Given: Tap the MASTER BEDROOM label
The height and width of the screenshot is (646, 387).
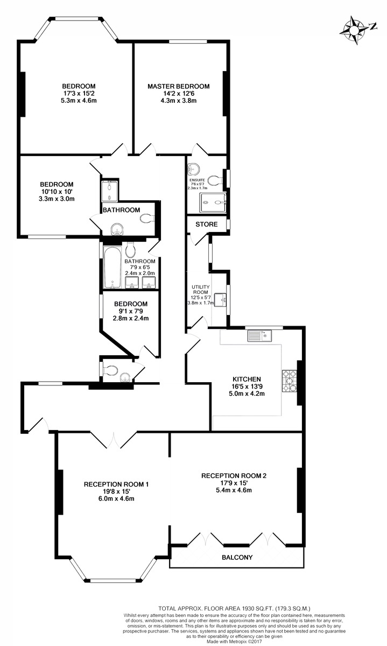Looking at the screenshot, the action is [179, 86].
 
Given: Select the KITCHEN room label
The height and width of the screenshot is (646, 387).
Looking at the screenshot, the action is [247, 379].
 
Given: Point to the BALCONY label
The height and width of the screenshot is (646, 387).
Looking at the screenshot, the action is [237, 558].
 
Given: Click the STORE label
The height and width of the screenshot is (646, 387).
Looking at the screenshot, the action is [207, 224].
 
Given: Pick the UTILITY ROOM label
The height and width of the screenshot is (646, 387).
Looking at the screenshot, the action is [201, 290].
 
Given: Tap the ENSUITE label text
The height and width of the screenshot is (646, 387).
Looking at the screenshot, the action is [197, 180].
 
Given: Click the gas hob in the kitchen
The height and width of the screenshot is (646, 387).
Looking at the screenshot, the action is [289, 381].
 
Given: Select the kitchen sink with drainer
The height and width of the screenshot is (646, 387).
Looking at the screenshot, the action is [259, 336].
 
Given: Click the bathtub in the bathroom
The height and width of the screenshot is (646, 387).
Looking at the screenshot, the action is [112, 268].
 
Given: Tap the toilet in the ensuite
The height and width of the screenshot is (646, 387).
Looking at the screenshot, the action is [216, 180].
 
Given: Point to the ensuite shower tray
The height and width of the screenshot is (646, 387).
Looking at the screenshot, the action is [213, 202].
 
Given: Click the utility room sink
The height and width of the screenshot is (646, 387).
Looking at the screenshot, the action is [221, 300].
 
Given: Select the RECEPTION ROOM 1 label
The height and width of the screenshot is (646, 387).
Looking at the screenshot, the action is [116, 484].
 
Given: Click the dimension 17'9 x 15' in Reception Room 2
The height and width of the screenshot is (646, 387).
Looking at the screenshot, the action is [234, 483].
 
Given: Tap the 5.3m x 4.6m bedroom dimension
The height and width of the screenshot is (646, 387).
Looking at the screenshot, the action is [79, 101].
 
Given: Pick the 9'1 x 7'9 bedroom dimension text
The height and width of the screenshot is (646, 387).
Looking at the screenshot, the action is [131, 311].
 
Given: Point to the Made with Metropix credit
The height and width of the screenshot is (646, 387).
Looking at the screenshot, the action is [234, 641].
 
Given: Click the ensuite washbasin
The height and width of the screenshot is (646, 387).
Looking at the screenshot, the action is [192, 169].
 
